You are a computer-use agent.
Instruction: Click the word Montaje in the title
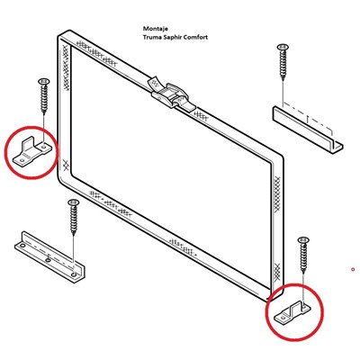(156, 29)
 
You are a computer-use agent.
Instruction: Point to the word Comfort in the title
(195, 37)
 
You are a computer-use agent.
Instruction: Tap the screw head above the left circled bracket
(44, 81)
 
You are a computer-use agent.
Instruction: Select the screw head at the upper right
(283, 47)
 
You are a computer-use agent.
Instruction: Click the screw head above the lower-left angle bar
(73, 202)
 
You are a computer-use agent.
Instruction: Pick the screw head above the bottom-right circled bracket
(303, 239)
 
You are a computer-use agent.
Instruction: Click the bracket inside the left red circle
(31, 150)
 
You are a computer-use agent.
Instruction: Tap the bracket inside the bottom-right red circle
(292, 313)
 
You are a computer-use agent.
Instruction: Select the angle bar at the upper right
(308, 130)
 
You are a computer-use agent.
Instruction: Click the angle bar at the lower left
(49, 257)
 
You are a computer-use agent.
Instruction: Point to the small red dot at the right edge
(353, 269)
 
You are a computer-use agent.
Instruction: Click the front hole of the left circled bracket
(22, 160)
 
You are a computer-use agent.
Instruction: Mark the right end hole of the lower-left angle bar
(74, 274)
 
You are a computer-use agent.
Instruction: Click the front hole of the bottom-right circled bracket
(283, 317)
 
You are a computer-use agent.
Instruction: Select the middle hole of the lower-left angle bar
(48, 259)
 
